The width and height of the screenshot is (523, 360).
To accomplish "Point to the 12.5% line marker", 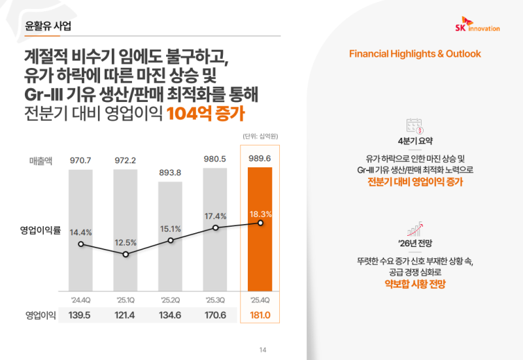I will (x=126, y=254).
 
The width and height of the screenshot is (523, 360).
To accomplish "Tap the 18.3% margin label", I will (x=260, y=214).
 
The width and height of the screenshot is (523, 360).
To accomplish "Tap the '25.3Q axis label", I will (x=215, y=299).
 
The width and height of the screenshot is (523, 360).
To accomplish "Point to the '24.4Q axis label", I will (x=80, y=299).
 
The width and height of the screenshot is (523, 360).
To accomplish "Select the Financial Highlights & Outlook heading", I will (x=415, y=54).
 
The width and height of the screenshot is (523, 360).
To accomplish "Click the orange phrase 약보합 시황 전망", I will (x=415, y=284).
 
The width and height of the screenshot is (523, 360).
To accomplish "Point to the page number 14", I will (x=263, y=350).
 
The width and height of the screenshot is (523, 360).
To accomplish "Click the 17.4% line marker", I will (x=215, y=227).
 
